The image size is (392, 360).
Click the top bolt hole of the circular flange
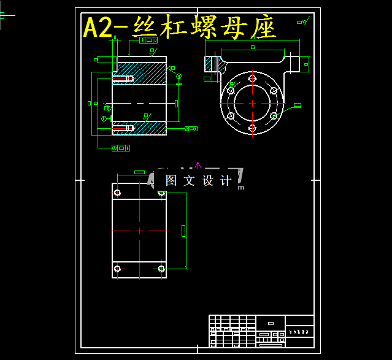pyautogui.click(x=252, y=79)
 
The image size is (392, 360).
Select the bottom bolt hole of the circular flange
pyautogui.click(x=252, y=128)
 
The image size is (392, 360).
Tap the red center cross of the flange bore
pyautogui.click(x=252, y=103)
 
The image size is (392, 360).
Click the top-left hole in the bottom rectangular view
pyautogui.click(x=117, y=193)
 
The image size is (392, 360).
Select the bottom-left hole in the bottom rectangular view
pyautogui.click(x=117, y=268)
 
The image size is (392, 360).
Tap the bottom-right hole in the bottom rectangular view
pyautogui.click(x=161, y=268)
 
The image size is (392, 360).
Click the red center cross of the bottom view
pyautogui.click(x=139, y=231)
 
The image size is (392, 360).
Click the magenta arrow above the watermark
pyautogui.click(x=198, y=164)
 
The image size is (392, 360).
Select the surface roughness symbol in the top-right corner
pyautogui.click(x=302, y=22)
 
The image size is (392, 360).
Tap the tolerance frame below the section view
pyautogui.click(x=121, y=148)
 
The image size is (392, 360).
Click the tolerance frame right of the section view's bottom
pyautogui.click(x=191, y=129)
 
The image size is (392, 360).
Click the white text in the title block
pyautogui.click(x=299, y=331)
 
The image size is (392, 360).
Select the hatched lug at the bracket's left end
pyautogui.click(x=213, y=64)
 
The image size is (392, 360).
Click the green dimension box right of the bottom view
pyautogui.click(x=183, y=230)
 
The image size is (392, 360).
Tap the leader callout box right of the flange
pyautogui.click(x=298, y=105)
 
